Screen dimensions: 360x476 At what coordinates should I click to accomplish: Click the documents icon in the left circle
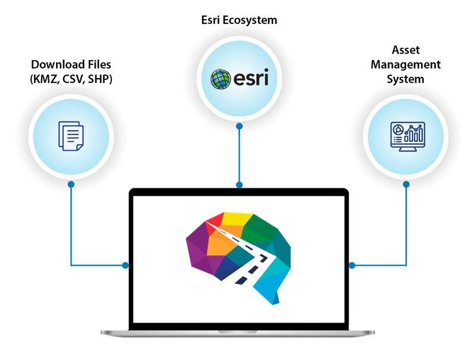[71, 135]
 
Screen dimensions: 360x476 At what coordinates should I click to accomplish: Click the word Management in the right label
[406, 64]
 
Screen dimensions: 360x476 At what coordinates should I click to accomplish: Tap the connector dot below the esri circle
[239, 126]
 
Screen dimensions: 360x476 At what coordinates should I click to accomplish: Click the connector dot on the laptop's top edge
[239, 185]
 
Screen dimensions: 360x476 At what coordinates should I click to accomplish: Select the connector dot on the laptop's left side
[126, 265]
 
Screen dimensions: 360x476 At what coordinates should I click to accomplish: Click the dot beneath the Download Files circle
[71, 184]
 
